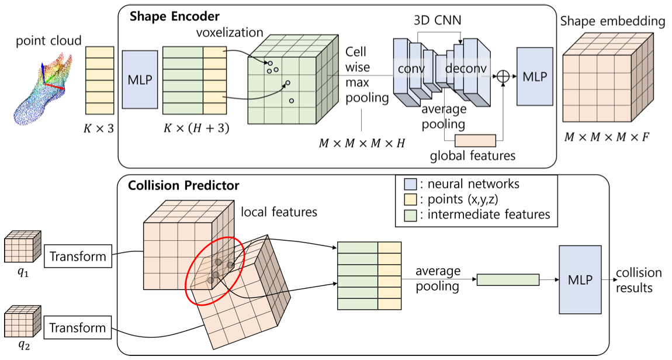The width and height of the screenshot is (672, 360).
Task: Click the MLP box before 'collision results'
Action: pos(580,279)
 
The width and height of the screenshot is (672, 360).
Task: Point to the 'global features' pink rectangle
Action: pos(474,140)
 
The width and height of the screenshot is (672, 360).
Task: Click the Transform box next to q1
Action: pos(78,257)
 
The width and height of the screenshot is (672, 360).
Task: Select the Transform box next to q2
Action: pos(78,327)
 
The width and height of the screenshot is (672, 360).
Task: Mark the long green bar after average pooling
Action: pos(508,280)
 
